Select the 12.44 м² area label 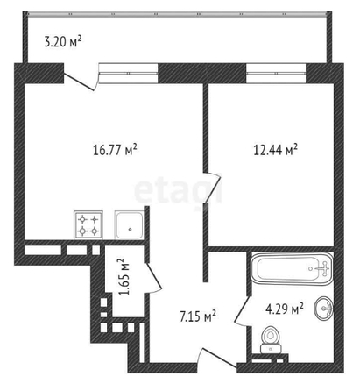point(276,150)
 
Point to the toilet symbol point(271,338)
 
